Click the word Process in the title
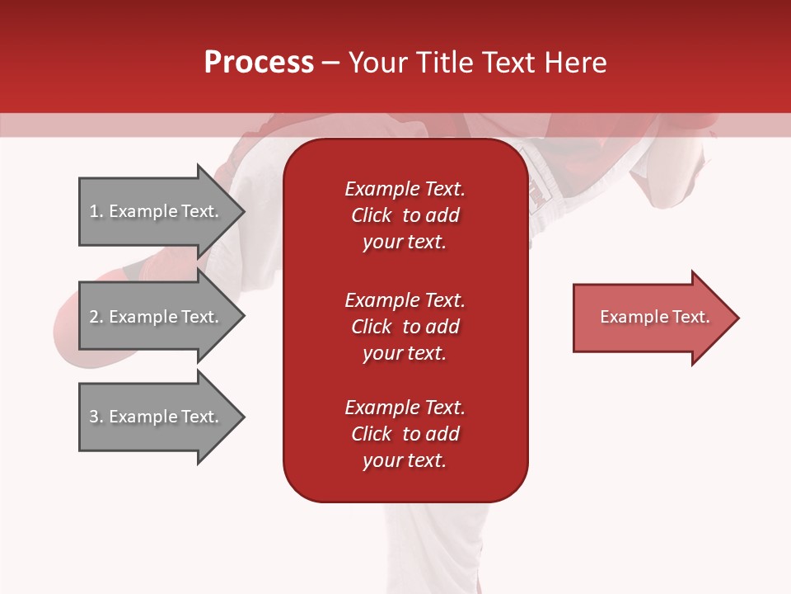pos(259,63)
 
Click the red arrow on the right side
pos(651,318)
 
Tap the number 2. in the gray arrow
pos(96,317)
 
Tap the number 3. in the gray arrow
pos(96,417)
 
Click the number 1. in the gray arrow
pos(96,211)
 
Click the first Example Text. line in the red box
pos(405,189)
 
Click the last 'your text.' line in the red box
pos(405,460)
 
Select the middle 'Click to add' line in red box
pos(405,327)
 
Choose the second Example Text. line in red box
pos(405,299)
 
